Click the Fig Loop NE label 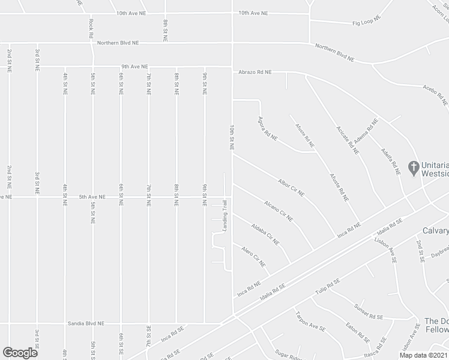pyautogui.click(x=366, y=22)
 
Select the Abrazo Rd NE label pyautogui.click(x=255, y=72)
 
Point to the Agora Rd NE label pyautogui.click(x=268, y=128)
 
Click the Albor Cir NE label pyautogui.click(x=291, y=187)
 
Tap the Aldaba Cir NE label pyautogui.click(x=265, y=235)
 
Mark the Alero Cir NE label pyautogui.click(x=253, y=256)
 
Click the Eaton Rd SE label pyautogui.click(x=357, y=332)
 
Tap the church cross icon pyautogui.click(x=413, y=166)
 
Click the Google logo pyautogui.click(x=20, y=352)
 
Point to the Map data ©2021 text pyautogui.click(x=424, y=355)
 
